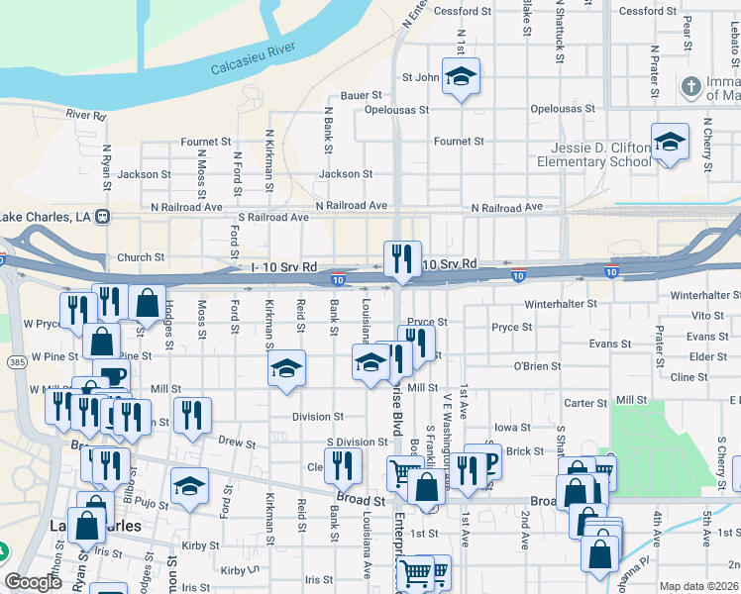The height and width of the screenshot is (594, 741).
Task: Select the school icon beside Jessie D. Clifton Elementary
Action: (670, 143)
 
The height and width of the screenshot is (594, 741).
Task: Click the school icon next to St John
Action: (461, 76)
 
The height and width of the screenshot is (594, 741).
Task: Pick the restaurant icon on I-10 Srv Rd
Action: (402, 259)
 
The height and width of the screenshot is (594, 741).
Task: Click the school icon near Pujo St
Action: (189, 486)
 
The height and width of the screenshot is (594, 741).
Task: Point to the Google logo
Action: (33, 582)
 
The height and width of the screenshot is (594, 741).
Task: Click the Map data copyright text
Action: (699, 586)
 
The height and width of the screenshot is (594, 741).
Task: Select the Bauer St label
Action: (362, 96)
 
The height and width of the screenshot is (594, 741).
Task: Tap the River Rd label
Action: (86, 115)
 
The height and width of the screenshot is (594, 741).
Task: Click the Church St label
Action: (141, 257)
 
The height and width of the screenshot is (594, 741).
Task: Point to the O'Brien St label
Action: (537, 366)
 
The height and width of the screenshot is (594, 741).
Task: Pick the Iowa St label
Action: (512, 428)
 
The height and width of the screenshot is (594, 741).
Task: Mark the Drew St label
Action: (237, 441)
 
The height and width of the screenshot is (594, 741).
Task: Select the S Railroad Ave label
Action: (273, 217)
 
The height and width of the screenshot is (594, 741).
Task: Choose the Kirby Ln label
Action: (240, 570)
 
